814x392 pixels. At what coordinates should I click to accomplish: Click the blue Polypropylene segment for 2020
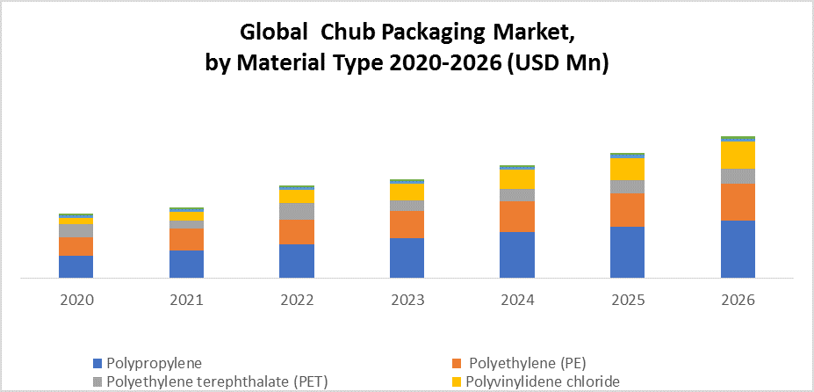[76, 267]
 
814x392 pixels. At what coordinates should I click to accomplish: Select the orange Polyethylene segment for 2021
[186, 239]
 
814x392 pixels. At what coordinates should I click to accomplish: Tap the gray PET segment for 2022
[297, 211]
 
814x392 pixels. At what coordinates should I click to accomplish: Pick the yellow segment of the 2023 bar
[407, 192]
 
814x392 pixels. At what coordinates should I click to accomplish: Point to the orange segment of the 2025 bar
[627, 210]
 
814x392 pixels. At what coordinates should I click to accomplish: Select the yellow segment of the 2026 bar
[738, 155]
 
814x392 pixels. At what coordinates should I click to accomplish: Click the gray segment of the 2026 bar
[738, 176]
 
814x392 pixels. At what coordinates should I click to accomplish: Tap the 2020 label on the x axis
[76, 300]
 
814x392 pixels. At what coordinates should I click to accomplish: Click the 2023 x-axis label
[407, 300]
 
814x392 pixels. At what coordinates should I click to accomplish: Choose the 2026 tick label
[738, 300]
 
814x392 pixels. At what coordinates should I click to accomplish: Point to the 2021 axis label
[186, 300]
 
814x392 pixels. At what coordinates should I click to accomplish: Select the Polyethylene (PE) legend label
[527, 363]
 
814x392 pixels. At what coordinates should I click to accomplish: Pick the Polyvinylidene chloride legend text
[543, 381]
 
